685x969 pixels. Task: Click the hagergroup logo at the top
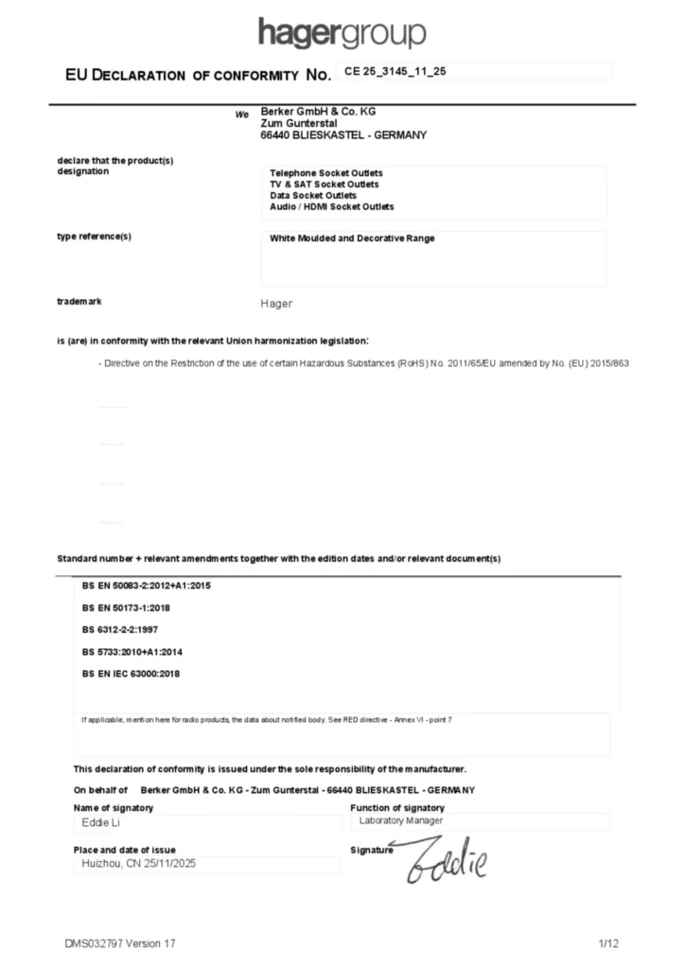(x=342, y=34)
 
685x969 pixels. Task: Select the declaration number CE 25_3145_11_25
(x=395, y=71)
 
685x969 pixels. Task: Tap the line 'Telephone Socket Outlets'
(x=326, y=173)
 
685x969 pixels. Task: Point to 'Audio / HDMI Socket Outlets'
(x=332, y=206)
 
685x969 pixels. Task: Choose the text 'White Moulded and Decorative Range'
(x=352, y=238)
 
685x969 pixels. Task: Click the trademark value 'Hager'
(x=276, y=304)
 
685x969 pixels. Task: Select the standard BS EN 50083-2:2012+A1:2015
(x=147, y=586)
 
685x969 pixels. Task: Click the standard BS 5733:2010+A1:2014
(x=132, y=651)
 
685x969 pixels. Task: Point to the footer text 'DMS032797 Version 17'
(x=120, y=943)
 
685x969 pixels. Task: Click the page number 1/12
(x=608, y=943)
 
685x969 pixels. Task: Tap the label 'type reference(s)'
(x=95, y=237)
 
